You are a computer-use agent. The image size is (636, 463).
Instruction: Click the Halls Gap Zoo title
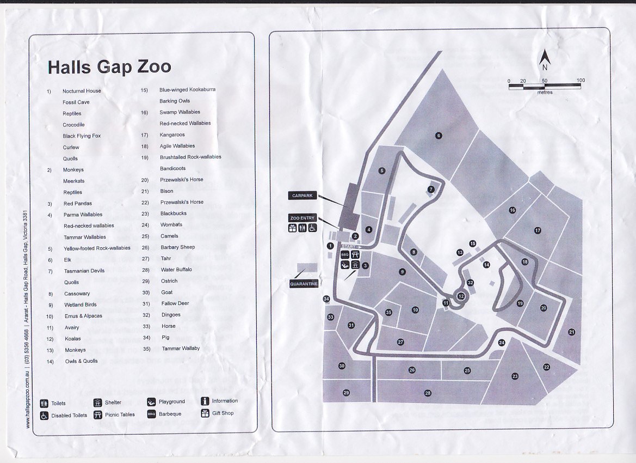(x=109, y=67)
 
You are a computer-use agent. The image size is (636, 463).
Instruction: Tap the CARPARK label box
(x=303, y=196)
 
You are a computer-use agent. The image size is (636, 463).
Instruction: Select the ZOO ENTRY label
(x=302, y=218)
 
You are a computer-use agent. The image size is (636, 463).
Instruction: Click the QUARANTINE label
(x=304, y=284)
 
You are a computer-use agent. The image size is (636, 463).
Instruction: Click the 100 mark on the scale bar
(x=581, y=81)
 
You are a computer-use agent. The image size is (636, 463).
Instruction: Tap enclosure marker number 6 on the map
(x=439, y=136)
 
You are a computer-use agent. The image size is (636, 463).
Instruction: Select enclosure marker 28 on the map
(x=428, y=393)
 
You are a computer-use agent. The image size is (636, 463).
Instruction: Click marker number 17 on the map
(x=538, y=230)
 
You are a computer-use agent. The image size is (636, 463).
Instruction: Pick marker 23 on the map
(x=515, y=376)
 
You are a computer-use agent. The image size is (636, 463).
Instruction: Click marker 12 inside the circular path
(x=461, y=296)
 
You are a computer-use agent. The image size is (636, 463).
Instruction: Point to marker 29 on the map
(x=346, y=393)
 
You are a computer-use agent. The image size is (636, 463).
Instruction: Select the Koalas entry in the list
(x=73, y=339)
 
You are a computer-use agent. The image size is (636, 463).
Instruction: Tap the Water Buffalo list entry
(x=176, y=270)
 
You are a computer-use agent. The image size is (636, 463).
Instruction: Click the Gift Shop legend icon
(x=205, y=413)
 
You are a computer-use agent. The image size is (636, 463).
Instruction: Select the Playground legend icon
(x=151, y=402)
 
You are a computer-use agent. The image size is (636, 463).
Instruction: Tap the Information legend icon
(x=205, y=401)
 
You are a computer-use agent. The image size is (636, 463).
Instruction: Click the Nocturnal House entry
(x=82, y=91)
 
